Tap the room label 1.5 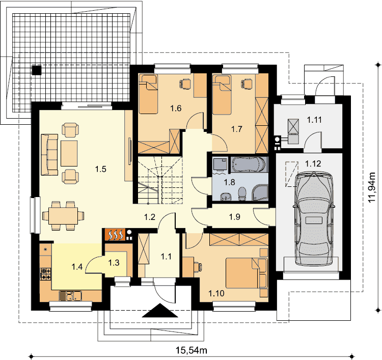(101, 169)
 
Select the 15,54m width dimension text (192, 350)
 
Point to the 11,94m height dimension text (372, 187)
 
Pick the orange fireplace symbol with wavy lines (115, 235)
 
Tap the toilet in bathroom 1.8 (242, 194)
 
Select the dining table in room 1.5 (63, 216)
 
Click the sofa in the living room (49, 154)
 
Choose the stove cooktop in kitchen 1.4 (46, 274)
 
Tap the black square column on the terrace (37, 70)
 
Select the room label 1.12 (313, 163)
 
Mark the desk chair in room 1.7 (247, 84)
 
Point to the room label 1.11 (314, 120)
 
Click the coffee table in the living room (69, 153)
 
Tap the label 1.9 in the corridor (235, 217)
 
